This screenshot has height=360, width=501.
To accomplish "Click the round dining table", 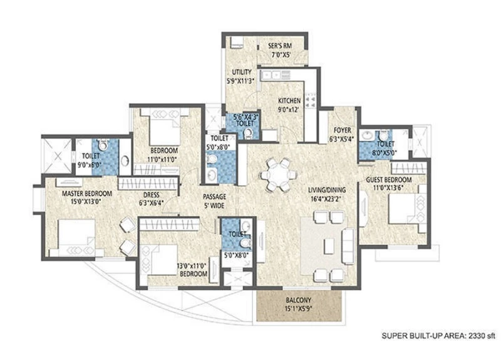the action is (279, 175).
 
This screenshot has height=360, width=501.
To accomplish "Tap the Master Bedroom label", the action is (87, 193).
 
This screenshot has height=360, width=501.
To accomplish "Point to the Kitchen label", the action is (289, 101).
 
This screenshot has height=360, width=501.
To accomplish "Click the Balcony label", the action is (299, 301).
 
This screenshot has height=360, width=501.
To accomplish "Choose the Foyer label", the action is (342, 130).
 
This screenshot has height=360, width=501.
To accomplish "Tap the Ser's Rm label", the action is (280, 46).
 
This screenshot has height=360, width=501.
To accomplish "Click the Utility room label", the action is (242, 72).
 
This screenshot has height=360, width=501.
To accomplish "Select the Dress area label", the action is (151, 195).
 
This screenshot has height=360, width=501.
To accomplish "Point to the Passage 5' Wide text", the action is (214, 201).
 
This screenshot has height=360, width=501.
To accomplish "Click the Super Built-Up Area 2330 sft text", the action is (438, 336).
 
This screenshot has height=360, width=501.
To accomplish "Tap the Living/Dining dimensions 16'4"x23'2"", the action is (326, 199).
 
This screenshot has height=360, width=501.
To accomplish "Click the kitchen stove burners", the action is (310, 100).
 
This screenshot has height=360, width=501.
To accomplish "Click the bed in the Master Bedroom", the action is (76, 237).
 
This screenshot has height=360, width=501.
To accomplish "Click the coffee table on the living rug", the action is (328, 246).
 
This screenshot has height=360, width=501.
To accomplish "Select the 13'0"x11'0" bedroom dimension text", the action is (192, 265).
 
